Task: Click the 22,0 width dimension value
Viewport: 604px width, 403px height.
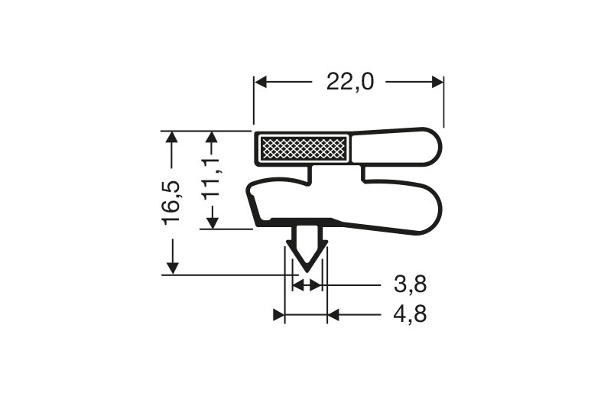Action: [349, 82]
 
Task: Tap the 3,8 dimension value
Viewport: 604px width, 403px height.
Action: [410, 285]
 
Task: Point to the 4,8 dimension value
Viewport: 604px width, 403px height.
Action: [410, 314]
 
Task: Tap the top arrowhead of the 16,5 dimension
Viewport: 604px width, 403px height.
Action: [173, 138]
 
